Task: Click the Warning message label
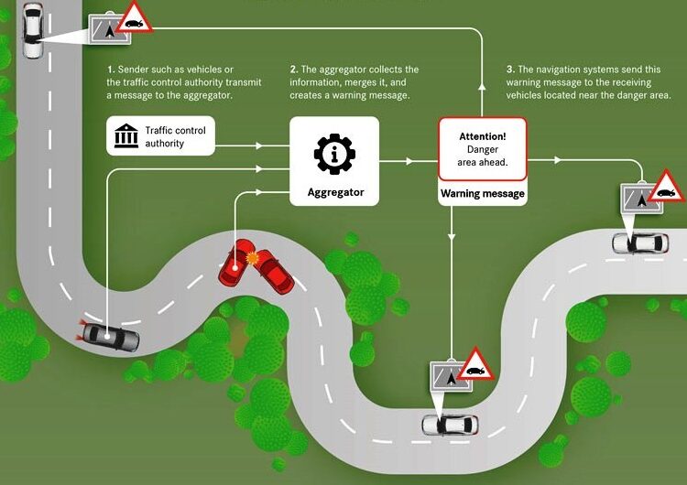coord(482,193)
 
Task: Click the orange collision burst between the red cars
coord(255,260)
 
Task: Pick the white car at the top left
coord(33,29)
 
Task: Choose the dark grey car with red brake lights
coord(110,337)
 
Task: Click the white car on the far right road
coord(639,243)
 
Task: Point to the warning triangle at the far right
coord(667,187)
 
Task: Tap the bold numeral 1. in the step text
coord(110,70)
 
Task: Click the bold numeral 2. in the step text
coord(293,70)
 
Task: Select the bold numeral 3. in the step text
coord(509,70)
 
